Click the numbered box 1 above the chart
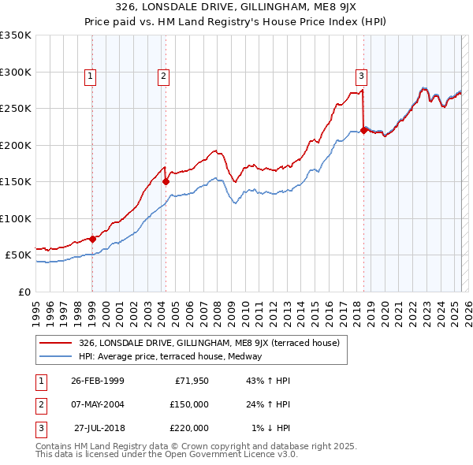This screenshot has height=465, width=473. [x=91, y=76]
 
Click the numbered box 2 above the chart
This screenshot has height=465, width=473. [x=162, y=76]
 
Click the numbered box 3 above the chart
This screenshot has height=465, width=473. [x=361, y=76]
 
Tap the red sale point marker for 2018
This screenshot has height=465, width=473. [x=363, y=131]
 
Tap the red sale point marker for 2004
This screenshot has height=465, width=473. [x=166, y=181]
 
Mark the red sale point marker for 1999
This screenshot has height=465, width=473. [x=92, y=239]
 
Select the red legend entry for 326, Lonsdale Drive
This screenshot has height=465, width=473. [x=209, y=343]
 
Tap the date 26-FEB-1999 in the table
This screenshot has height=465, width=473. [x=97, y=381]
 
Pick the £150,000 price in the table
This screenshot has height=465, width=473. [x=189, y=404]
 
